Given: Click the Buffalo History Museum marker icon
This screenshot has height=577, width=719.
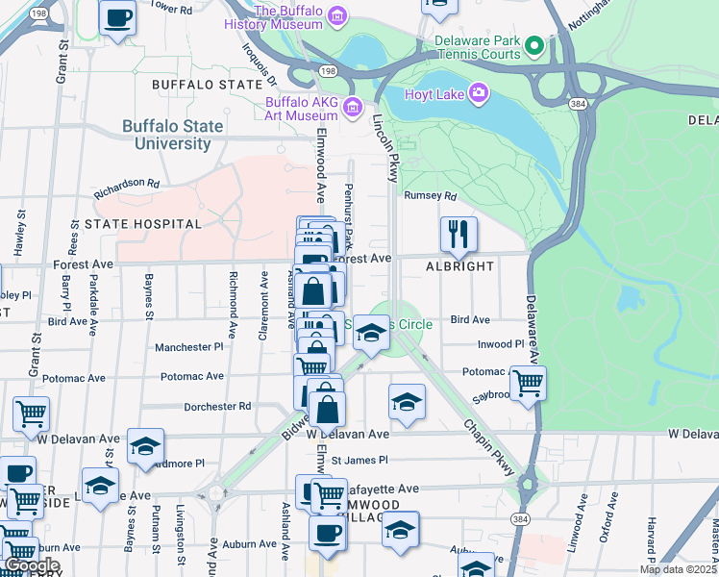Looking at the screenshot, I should coord(335,15).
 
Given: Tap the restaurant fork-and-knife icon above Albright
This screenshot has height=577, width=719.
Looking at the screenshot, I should coord(459,232).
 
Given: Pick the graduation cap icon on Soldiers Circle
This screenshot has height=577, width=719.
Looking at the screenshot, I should coord(371,333).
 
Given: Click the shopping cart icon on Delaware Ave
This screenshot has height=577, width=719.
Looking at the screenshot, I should coord(528,382).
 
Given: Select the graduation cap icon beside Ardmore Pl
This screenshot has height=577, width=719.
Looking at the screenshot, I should coord(145,446).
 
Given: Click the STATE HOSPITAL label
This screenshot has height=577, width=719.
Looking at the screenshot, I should coord(143,224).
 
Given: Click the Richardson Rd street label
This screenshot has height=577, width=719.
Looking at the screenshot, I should coord(126,183).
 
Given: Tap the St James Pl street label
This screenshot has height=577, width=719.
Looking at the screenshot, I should coord(359,461).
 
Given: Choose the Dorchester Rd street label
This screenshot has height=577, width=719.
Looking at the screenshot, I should coord(217,407).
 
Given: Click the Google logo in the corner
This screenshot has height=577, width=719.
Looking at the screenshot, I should coord(31,565).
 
